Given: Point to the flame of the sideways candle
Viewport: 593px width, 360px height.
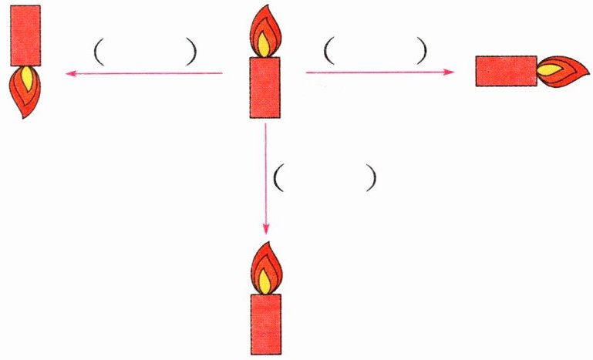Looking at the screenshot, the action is coord(558,71).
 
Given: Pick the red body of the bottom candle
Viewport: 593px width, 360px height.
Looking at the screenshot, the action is coord(266,324).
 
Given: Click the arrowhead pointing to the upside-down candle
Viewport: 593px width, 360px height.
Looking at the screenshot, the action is coord(69,73).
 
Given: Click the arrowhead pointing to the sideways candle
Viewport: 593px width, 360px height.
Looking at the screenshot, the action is coord(450,72).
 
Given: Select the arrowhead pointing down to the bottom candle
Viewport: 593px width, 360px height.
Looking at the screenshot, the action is coord(265,230).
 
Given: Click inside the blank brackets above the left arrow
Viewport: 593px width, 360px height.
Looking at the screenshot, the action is coord(145,52).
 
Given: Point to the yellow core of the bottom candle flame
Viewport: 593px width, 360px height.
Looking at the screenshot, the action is coord(265,282).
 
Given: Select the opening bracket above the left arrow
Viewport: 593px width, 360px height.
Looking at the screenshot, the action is coord(98,52).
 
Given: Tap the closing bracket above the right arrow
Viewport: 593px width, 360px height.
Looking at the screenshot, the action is coord(421,51).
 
